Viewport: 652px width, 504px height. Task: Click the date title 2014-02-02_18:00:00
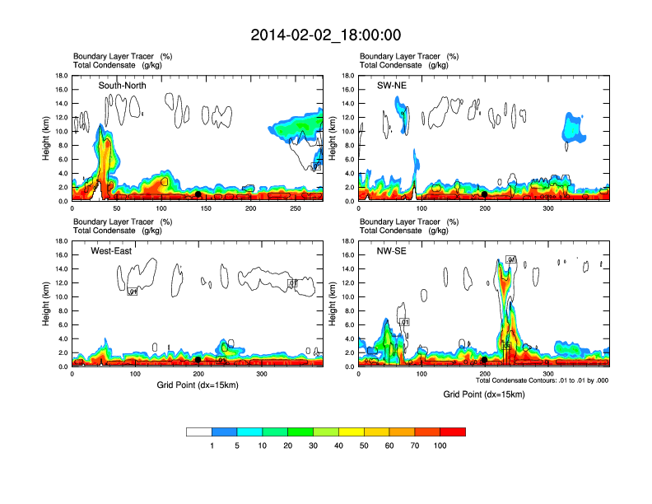tap(326, 35)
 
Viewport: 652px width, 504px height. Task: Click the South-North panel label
tap(123, 86)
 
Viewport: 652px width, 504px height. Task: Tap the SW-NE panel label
tap(405, 86)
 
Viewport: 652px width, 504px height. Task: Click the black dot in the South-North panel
tap(198, 194)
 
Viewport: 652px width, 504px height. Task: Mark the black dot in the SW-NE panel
tap(485, 194)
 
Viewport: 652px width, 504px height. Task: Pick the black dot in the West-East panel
tap(198, 360)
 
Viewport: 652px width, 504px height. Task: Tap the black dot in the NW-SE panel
tap(485, 360)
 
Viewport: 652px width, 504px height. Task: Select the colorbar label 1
tap(212, 446)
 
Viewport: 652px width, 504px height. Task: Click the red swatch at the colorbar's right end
tap(453, 431)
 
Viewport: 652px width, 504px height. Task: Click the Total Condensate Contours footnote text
tap(542, 380)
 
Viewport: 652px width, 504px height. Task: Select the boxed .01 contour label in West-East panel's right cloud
tap(291, 282)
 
